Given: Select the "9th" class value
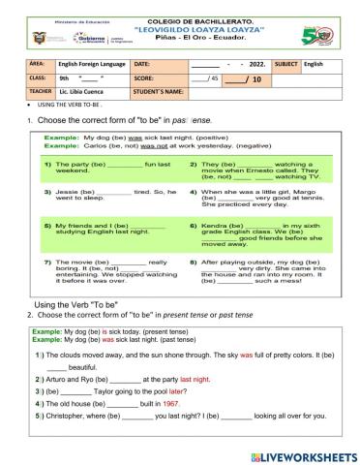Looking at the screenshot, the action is pyautogui.click(x=65, y=77).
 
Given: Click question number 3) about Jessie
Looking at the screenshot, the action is pyautogui.click(x=47, y=193).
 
